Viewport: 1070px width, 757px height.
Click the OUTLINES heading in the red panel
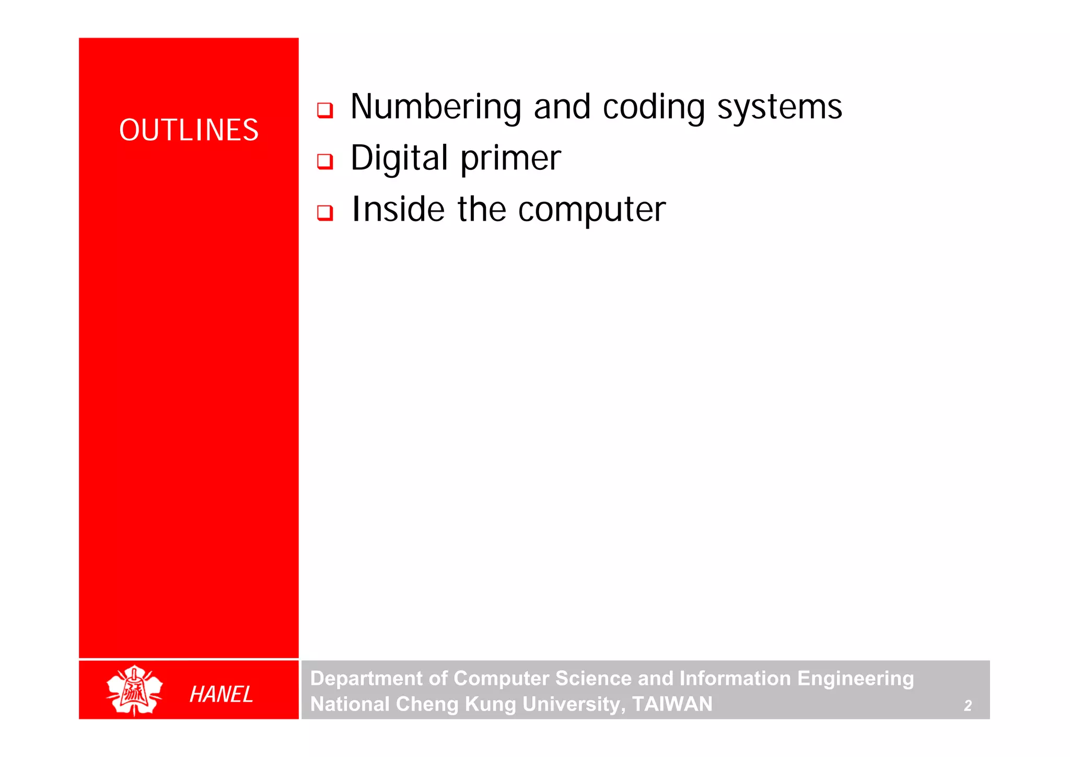point(189,130)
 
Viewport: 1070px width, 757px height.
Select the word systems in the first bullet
point(780,107)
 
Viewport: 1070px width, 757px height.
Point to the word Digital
point(399,158)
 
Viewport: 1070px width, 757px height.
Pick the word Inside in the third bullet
point(398,209)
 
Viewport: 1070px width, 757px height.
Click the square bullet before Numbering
point(325,110)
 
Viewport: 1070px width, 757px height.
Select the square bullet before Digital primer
point(325,161)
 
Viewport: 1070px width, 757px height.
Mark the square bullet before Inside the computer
point(325,213)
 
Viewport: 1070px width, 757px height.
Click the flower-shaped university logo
point(134,690)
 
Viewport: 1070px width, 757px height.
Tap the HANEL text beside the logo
point(221,694)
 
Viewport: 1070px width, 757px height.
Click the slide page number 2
point(968,706)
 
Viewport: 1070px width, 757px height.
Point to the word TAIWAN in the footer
point(672,704)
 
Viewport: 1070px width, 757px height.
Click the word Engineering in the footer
point(855,679)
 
